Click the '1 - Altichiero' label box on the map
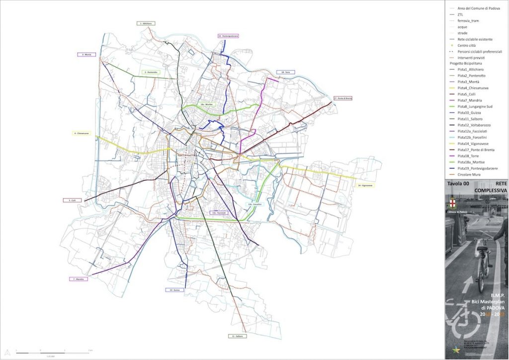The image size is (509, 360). point(147,23)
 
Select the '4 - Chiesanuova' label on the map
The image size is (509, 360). point(82,133)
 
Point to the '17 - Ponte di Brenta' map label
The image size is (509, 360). point(343,98)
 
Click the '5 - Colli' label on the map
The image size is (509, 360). point(73,200)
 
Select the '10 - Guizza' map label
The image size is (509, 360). point(174,289)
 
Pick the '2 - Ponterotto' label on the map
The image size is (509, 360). point(152,72)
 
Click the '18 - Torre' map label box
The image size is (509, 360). point(286,72)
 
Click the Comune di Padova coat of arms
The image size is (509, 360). point(452,203)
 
